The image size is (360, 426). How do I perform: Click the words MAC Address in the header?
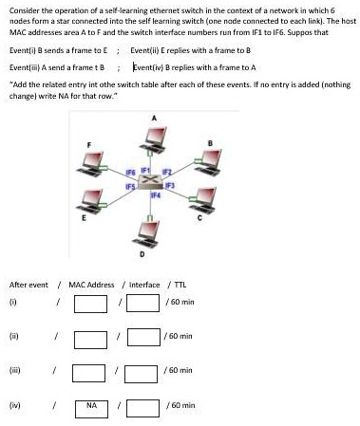click(x=91, y=285)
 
